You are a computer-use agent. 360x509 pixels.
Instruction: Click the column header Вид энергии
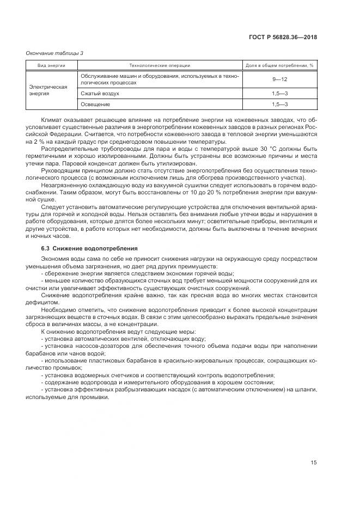51,65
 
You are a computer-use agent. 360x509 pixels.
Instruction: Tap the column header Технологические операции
160,65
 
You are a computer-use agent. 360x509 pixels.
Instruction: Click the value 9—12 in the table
280,79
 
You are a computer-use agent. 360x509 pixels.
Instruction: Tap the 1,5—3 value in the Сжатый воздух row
280,94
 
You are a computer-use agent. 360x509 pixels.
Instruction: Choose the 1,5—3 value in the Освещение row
280,103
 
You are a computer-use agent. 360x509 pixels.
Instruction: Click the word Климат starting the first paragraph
51,119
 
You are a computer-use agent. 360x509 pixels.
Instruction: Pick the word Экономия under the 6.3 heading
54,260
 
